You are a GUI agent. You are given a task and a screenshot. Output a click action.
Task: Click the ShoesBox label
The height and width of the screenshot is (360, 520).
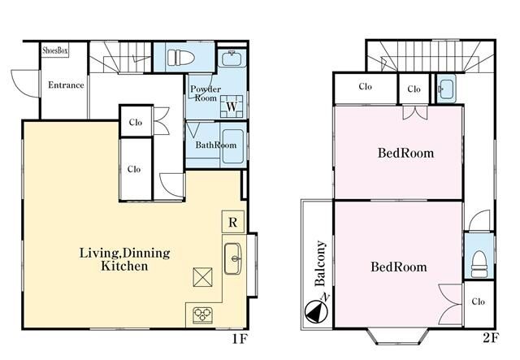[x=55, y=50]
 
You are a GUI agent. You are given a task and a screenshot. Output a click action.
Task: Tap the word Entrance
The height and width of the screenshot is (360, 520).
[x=66, y=85]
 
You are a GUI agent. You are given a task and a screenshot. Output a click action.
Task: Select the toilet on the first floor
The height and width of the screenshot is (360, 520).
[x=180, y=58]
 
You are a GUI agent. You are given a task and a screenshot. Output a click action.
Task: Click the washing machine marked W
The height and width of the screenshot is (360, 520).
[x=232, y=106]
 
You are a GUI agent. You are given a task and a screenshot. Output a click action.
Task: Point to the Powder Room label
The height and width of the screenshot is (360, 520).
[x=206, y=93]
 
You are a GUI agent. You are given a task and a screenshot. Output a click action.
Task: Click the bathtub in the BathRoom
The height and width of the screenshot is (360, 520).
[x=233, y=146]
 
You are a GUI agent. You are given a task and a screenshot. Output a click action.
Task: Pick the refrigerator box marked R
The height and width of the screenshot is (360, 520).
[x=233, y=222]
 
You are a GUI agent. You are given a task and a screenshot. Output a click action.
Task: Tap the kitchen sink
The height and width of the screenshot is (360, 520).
[x=233, y=258]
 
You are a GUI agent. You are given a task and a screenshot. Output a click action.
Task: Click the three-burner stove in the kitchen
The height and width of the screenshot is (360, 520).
[x=203, y=315]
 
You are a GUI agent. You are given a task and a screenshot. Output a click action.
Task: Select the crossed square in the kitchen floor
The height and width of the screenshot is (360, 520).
[x=202, y=277]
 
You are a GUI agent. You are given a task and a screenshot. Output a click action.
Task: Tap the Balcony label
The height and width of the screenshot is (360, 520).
[x=320, y=263]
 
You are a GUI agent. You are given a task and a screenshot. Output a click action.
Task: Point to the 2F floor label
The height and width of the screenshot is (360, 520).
[x=491, y=338]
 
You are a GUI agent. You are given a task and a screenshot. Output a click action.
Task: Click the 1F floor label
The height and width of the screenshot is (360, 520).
[x=240, y=339]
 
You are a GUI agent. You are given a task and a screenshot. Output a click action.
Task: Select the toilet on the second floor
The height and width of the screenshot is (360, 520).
[x=479, y=264]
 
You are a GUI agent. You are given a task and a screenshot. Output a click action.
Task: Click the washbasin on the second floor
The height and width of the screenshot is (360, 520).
[x=446, y=89]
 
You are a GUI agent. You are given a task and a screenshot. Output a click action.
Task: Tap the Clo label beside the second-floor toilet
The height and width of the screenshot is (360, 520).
[x=479, y=301]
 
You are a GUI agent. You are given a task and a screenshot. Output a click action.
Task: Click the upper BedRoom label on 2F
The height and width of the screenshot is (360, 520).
[x=406, y=153]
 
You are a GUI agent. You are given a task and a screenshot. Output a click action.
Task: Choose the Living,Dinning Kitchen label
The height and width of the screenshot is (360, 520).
[x=124, y=259]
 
